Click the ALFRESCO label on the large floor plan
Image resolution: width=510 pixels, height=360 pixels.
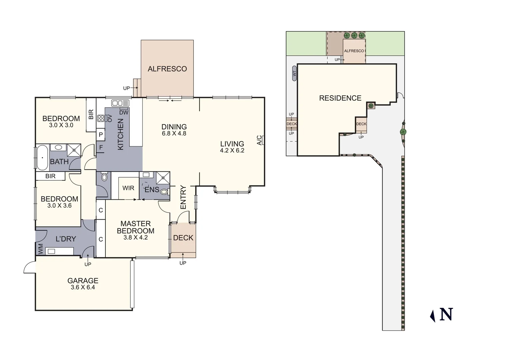tap(167, 69)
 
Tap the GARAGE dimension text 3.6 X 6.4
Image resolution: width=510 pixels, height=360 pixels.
tap(83, 287)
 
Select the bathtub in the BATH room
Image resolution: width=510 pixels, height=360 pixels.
tap(42, 158)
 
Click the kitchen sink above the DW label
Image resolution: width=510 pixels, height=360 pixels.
tap(120, 103)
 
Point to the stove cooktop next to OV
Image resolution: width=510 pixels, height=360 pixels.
tap(101, 118)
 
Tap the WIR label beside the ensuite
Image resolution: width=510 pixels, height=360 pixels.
tap(128, 188)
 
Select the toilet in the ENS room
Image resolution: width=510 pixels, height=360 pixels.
tap(164, 192)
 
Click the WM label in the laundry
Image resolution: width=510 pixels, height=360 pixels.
tap(40, 249)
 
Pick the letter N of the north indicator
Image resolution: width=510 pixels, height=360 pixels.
tap(446, 314)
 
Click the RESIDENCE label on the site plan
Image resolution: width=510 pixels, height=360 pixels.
tap(340, 98)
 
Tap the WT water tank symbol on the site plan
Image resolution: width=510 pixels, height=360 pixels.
tap(294, 73)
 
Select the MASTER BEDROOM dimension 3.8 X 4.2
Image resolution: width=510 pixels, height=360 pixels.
tap(135, 238)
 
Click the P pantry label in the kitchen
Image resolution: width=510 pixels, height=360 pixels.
tap(101, 135)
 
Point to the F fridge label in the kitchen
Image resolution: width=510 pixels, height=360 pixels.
tap(101, 147)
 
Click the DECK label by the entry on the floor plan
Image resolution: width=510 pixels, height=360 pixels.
tap(183, 238)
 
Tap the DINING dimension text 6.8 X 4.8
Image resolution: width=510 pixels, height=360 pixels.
tap(174, 133)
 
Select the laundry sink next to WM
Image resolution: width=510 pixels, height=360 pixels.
tap(51, 251)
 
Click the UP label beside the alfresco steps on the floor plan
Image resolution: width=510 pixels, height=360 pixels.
tap(126, 88)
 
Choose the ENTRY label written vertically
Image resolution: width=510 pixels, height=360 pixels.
tap(183, 197)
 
